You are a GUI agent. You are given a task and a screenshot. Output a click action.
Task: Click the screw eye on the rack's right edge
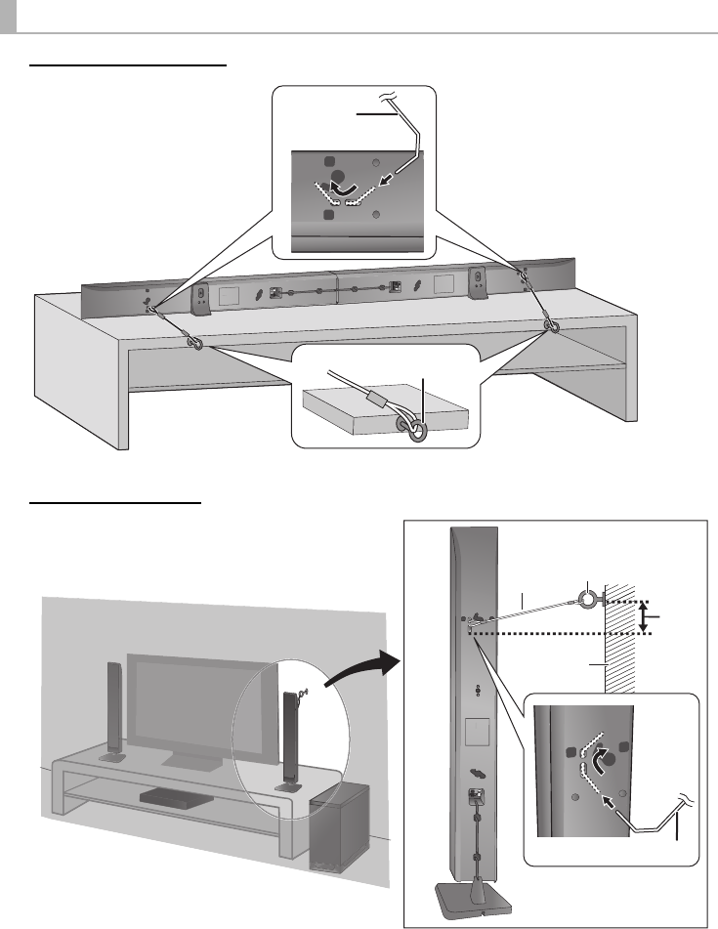pyautogui.click(x=553, y=326)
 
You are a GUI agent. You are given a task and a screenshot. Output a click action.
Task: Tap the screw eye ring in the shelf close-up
pyautogui.click(x=416, y=430)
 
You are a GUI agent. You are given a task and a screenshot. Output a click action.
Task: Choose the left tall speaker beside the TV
pyautogui.click(x=114, y=711)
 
